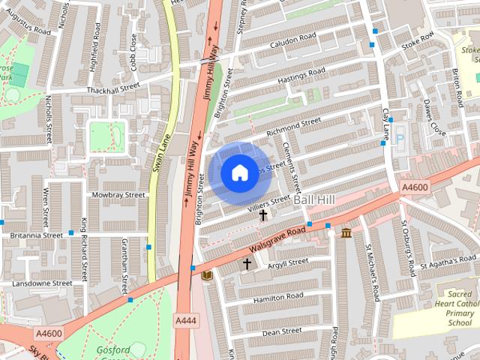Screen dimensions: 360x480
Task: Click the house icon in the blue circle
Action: (239, 172)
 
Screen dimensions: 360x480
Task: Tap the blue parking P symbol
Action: (400, 140)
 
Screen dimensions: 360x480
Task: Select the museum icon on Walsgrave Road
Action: (346, 234)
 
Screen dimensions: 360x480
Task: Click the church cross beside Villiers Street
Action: (262, 215)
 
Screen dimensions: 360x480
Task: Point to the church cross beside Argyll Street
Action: (247, 264)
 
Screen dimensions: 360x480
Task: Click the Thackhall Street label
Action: (112, 88)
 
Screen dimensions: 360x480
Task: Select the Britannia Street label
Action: (36, 235)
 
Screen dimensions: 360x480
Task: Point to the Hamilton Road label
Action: (277, 297)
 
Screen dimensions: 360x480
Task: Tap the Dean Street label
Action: (281, 331)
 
